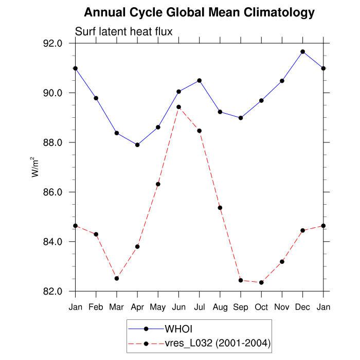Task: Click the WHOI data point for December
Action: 302,51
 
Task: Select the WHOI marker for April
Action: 137,145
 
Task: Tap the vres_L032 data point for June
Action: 178,107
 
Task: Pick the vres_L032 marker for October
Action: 261,282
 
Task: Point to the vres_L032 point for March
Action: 117,278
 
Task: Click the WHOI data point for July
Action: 199,80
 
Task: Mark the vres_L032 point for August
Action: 220,208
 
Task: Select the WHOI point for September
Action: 241,118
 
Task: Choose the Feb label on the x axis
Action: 96,307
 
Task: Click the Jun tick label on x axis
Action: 178,307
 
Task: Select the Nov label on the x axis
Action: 282,307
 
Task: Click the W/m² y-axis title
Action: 36,167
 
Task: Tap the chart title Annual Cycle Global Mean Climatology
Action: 199,12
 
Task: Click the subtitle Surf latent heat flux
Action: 123,32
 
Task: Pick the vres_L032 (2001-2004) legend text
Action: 217,343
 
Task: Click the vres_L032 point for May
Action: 158,184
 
